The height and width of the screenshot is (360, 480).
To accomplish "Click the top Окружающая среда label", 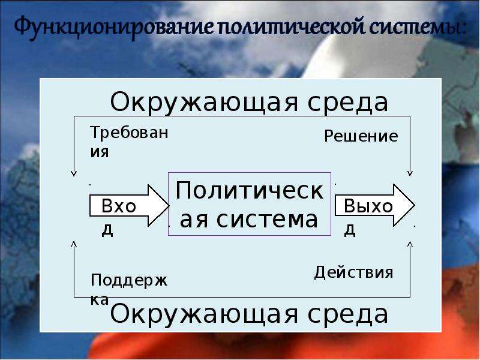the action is point(249,102).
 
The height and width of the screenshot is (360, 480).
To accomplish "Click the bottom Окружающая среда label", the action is point(249,314).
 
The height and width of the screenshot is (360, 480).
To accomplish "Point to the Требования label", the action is point(129,142).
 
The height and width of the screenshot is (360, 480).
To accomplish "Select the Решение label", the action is point(361,136).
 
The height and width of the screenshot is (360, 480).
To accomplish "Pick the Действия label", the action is point(353,272).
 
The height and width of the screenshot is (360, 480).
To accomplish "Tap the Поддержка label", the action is point(129,289).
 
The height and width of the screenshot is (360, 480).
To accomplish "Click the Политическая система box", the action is point(250,204).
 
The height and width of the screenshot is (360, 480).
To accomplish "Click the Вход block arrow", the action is point(129,205).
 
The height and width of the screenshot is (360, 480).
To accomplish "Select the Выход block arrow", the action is point(374,205).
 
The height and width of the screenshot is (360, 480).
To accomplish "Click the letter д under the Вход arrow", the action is point(107,229).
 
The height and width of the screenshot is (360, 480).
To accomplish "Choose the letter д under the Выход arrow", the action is point(350,229).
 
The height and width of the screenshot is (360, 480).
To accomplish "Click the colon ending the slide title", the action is point(462,28).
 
